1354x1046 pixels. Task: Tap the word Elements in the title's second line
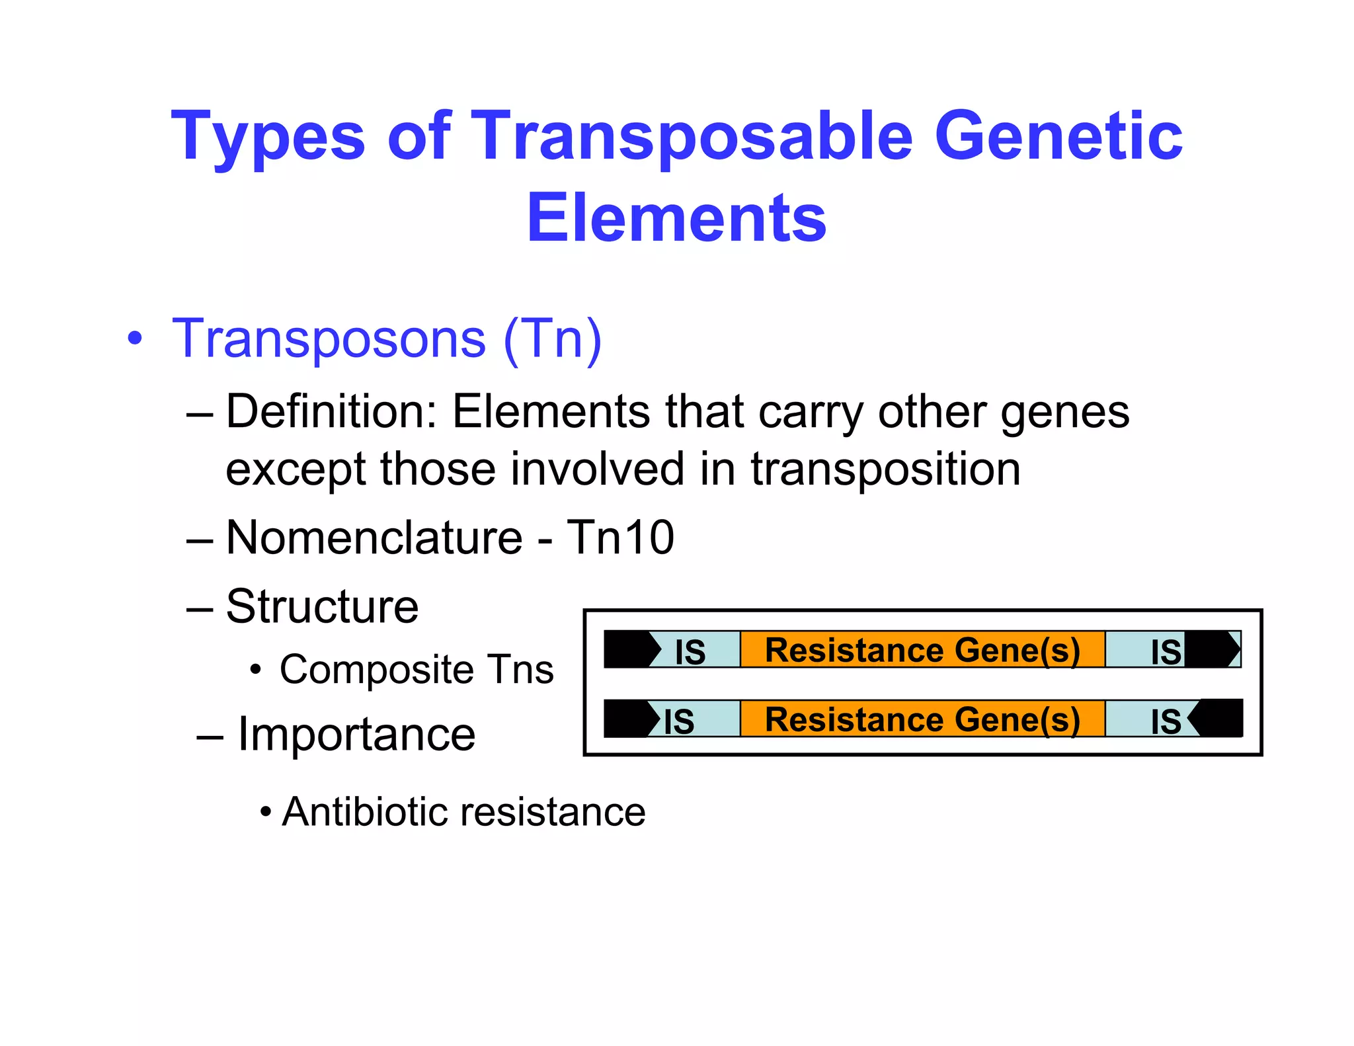(x=676, y=218)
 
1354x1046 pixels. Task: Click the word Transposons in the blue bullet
(x=329, y=339)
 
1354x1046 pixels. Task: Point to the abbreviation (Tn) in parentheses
(x=552, y=339)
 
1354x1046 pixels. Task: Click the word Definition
(x=331, y=412)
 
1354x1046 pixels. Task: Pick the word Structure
(x=322, y=606)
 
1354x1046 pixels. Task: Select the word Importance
(x=356, y=735)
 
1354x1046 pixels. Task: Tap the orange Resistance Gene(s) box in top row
(x=922, y=649)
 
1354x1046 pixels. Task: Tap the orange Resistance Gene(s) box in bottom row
(x=922, y=719)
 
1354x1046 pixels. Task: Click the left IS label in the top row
(x=690, y=652)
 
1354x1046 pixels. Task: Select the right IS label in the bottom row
(x=1166, y=721)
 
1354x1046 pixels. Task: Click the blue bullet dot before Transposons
(x=135, y=339)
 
